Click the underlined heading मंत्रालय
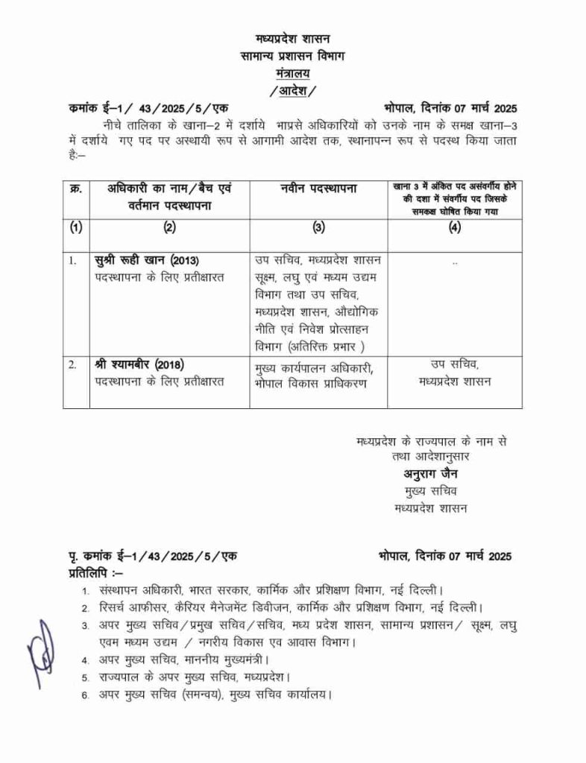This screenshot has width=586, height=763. click(292, 73)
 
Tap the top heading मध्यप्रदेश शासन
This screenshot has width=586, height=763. click(292, 38)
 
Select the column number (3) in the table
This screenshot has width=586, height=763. click(318, 229)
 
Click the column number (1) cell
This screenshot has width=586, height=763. click(75, 229)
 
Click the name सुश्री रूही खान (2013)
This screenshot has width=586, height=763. click(147, 260)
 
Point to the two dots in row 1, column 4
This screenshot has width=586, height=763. click(455, 262)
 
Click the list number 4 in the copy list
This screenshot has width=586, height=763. click(86, 660)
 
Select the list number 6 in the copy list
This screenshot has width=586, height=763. click(86, 696)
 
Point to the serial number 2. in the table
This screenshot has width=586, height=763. click(73, 365)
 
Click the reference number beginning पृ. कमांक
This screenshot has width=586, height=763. click(152, 556)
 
